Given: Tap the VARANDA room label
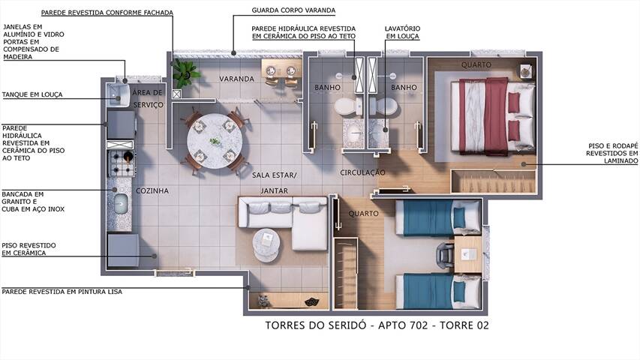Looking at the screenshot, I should pos(235,79).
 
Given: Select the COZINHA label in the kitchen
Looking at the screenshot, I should pos(152,191).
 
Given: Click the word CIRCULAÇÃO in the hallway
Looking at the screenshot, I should pos(362,172).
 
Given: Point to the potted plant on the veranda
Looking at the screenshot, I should pos(184,73).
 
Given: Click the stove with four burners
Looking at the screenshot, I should pos(122,162).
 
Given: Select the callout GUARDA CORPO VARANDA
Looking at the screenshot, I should pos(294,11).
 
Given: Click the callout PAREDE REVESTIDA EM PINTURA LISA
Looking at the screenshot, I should pos(62,291).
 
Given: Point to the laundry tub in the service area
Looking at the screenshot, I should pos(119,94).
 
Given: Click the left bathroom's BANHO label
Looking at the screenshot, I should pos(328,88).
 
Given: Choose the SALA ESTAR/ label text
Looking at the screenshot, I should pos(275,175).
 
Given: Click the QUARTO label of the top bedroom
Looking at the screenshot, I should pos(476,65).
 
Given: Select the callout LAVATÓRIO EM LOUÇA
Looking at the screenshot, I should pos(402,32).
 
